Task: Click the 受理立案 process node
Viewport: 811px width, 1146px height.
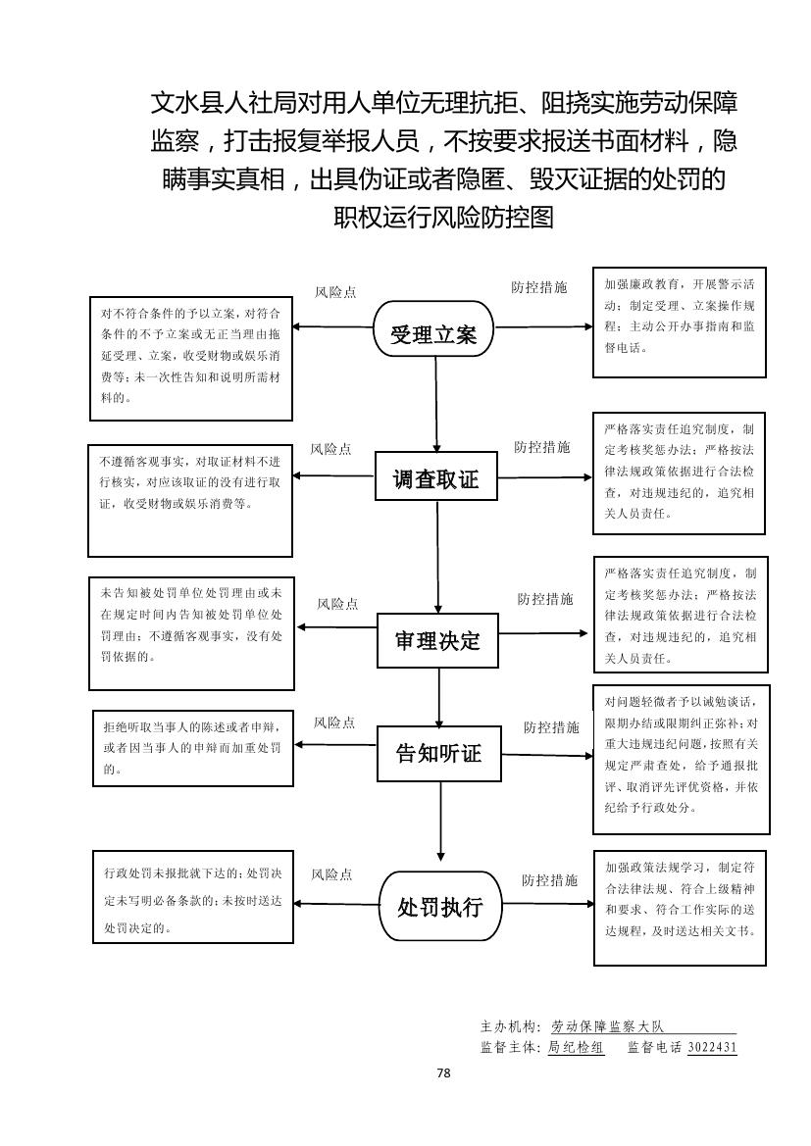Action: click(434, 333)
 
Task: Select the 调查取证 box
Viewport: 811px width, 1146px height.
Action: click(435, 479)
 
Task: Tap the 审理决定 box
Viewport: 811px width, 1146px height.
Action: click(437, 640)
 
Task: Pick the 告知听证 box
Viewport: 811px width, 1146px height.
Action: click(437, 753)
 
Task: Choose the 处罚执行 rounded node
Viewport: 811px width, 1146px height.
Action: click(439, 906)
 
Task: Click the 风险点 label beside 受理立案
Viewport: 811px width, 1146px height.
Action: click(335, 292)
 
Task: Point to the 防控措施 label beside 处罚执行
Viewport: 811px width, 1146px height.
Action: click(549, 879)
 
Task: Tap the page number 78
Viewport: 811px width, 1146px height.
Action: click(443, 1072)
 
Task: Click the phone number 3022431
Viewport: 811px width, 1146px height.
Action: click(712, 1047)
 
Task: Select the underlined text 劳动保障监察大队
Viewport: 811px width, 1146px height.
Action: click(607, 1026)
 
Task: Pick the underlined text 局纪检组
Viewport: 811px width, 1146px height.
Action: click(576, 1047)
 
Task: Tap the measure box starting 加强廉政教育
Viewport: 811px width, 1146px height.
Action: click(679, 322)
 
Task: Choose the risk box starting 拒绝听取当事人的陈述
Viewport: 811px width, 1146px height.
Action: click(192, 748)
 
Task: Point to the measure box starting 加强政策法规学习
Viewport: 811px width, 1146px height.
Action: click(680, 907)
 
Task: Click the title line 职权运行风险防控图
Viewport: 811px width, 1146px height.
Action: click(444, 216)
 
